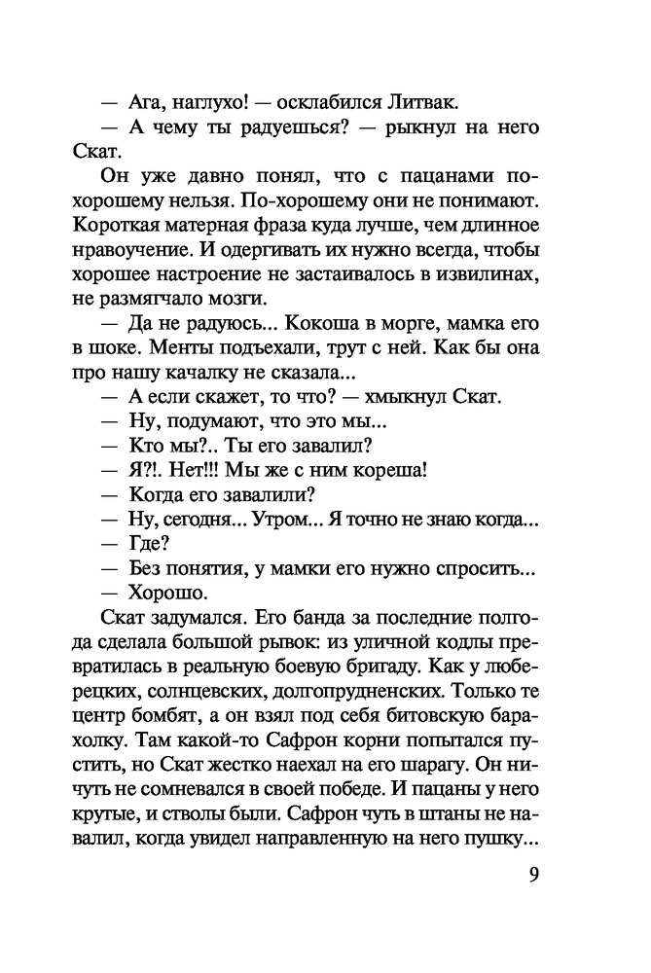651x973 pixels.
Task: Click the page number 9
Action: pos(533,873)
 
